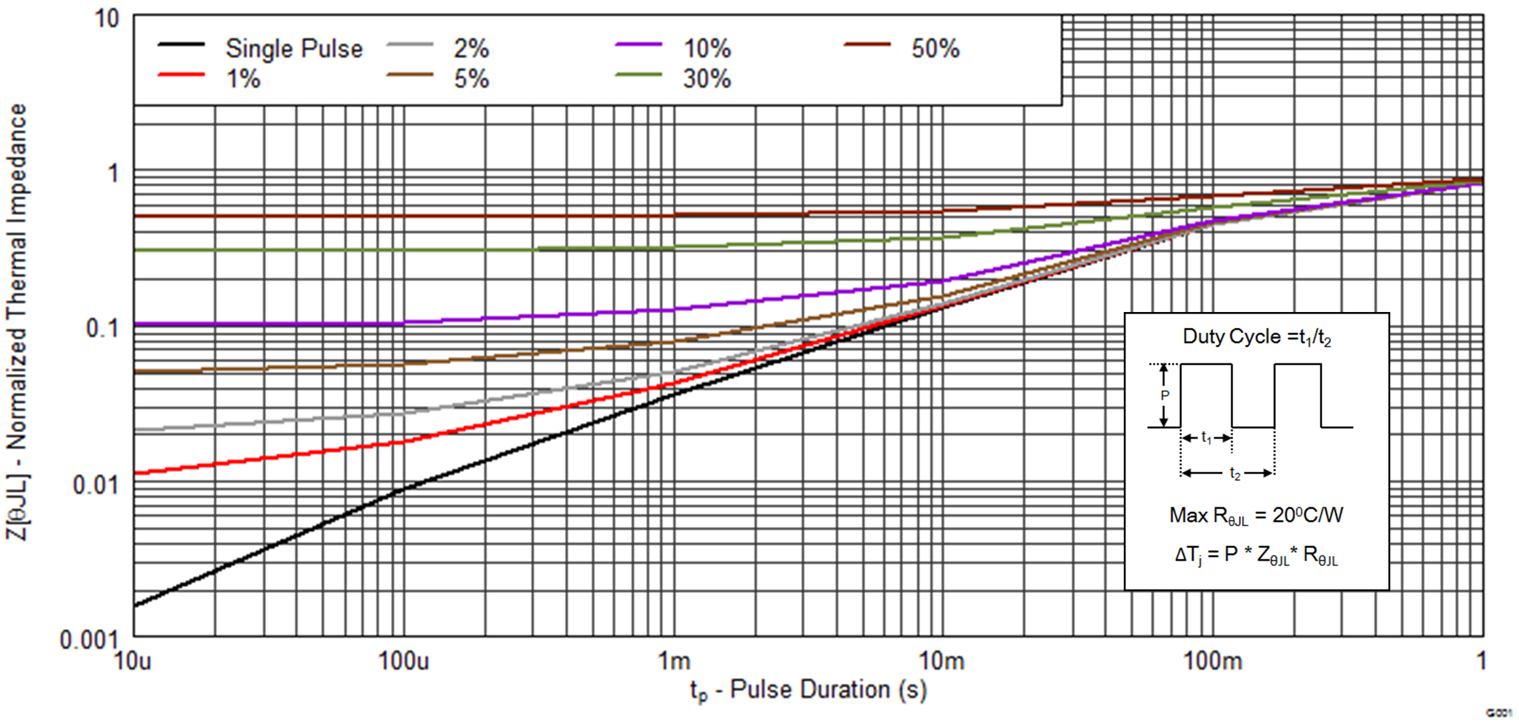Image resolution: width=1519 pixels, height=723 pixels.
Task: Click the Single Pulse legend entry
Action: point(293,49)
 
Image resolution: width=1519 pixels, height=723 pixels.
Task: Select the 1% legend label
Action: point(243,79)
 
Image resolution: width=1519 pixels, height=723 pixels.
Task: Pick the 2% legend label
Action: point(471,49)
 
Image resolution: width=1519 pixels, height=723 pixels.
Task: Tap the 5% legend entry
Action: point(471,79)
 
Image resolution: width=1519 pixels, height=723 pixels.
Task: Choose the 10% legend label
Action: point(707,49)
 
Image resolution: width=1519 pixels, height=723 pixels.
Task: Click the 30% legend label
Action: point(707,79)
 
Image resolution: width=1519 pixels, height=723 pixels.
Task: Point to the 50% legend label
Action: point(935,49)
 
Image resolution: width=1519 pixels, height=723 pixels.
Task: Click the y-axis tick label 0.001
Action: point(89,640)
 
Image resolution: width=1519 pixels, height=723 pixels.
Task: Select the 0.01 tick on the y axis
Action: point(95,485)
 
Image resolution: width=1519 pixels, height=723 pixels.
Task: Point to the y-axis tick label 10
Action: point(107,18)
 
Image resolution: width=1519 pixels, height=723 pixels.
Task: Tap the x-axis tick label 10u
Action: point(133,661)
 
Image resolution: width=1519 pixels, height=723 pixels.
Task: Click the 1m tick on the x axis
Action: point(675,661)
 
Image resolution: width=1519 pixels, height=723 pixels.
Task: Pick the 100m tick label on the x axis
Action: point(1212,661)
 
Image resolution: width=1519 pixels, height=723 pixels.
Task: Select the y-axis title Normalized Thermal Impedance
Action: point(16,322)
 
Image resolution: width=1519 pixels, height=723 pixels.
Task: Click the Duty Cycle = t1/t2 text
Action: point(1257,337)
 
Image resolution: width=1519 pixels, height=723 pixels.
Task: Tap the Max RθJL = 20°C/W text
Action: point(1256,516)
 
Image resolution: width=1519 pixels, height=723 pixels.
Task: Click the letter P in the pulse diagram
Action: point(1164,396)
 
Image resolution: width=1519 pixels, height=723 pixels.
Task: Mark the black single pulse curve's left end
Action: point(135,605)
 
